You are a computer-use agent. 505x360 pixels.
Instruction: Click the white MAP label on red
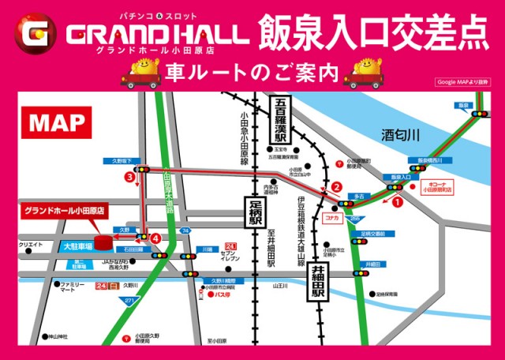tap(58, 122)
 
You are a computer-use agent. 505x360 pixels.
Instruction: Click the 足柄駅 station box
tap(253, 213)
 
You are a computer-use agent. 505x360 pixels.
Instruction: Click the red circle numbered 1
tap(397, 201)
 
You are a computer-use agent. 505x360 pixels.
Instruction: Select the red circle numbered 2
tap(336, 187)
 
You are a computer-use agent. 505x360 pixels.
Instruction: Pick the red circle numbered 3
tap(129, 178)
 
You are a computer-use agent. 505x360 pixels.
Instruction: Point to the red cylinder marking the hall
tap(102, 239)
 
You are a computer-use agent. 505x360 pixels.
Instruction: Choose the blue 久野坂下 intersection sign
tap(121, 161)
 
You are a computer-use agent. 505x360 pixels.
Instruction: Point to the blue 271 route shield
tap(127, 302)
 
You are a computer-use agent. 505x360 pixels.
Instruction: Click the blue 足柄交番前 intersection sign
tap(372, 233)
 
